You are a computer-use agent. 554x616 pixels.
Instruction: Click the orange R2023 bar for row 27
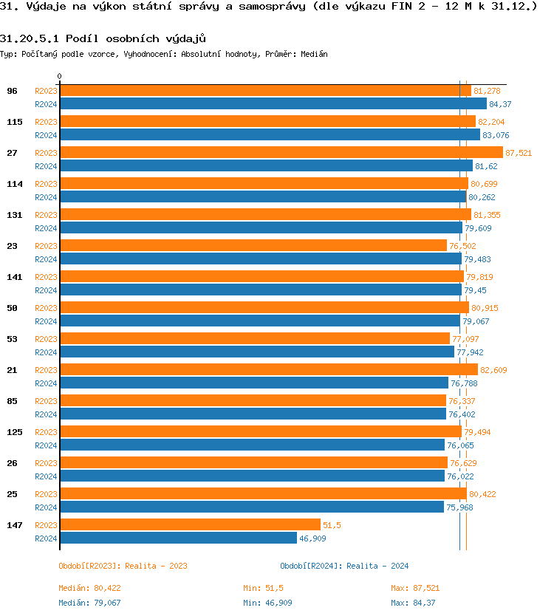(x=281, y=152)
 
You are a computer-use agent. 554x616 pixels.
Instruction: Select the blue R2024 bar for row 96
(x=273, y=104)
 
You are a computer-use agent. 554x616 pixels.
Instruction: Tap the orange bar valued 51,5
(x=190, y=524)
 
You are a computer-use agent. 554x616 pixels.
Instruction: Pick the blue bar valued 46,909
(x=178, y=538)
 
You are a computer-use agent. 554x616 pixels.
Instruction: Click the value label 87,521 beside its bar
(x=519, y=153)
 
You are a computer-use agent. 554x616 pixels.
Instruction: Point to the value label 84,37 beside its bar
(x=500, y=104)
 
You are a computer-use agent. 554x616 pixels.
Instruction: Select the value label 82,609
(x=493, y=370)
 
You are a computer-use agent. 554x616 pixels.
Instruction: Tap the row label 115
(x=15, y=121)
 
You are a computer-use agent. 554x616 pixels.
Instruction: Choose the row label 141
(x=15, y=276)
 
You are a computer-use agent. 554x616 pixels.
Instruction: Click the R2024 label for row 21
(x=46, y=383)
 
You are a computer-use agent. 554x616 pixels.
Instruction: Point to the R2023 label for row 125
(x=46, y=432)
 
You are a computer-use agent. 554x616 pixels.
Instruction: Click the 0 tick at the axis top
(x=60, y=76)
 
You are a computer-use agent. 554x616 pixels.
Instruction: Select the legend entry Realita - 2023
(x=123, y=566)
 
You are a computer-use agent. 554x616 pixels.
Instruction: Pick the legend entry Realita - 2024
(x=344, y=566)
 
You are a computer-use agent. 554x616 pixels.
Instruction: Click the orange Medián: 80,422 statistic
(x=89, y=588)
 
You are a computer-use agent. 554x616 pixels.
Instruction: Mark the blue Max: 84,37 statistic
(x=413, y=603)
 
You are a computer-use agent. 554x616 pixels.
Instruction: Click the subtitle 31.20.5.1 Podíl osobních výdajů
(x=103, y=38)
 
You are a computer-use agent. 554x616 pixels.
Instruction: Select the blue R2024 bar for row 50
(x=259, y=321)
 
